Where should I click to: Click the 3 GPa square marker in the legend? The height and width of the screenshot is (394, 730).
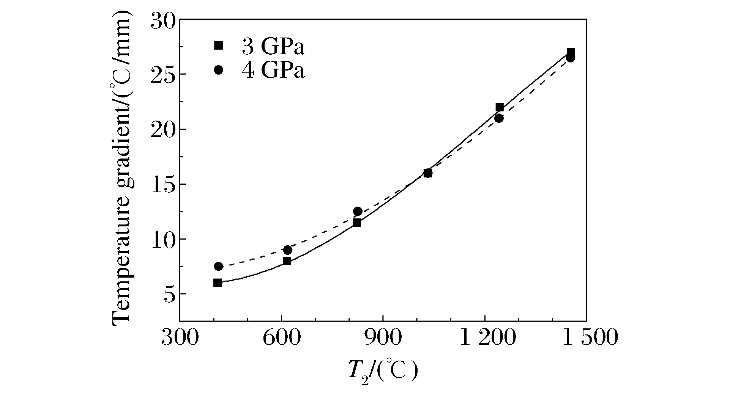218,46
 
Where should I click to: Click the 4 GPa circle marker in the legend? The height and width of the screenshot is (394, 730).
218,70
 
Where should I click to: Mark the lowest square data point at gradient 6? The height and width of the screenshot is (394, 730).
218,283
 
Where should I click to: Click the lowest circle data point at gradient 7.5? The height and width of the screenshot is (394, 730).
218,266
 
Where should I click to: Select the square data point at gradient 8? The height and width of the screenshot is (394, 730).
287,261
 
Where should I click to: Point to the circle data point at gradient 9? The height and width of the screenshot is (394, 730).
288,250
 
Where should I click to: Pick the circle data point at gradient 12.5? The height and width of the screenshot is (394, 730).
358,211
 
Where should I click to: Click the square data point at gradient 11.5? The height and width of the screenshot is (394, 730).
357,223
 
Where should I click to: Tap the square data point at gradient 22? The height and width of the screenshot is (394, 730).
500,107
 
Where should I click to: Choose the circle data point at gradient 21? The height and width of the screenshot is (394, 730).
499,118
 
